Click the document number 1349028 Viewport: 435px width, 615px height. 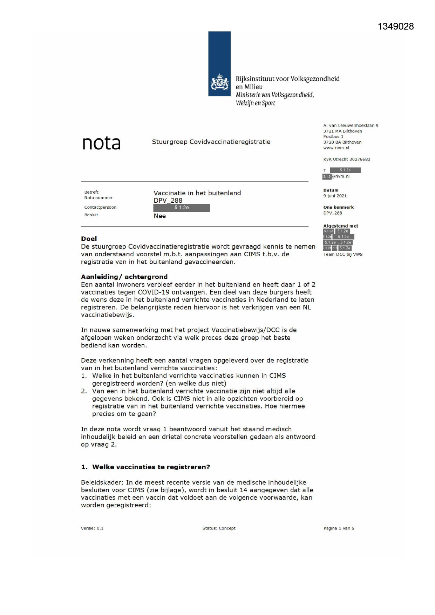pos(395,27)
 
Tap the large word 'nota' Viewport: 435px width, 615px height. pos(101,143)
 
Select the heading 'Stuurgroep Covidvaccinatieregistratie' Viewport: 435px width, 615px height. pos(211,142)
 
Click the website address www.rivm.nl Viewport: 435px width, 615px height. pos(336,148)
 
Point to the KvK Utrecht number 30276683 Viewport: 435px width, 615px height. pos(347,159)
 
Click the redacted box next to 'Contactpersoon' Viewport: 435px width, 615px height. pos(182,208)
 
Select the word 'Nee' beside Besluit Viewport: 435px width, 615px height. pos(159,216)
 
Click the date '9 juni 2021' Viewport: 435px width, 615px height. pos(335,196)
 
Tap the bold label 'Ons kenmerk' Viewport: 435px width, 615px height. pos(338,207)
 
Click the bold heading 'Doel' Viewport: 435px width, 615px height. pos(89,239)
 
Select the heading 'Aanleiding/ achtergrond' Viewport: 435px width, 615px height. pos(124,277)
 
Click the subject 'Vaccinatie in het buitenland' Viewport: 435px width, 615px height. pos(197,193)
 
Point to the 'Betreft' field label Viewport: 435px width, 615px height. pos(91,192)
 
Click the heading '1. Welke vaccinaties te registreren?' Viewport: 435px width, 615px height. pos(145,467)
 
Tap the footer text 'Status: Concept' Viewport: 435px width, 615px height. pos(219,528)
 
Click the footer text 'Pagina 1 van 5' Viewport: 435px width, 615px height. pos(339,528)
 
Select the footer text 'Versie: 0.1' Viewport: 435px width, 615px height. pos(92,528)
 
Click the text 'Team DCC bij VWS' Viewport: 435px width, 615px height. pos(343,255)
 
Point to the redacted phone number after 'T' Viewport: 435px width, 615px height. pos(345,170)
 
